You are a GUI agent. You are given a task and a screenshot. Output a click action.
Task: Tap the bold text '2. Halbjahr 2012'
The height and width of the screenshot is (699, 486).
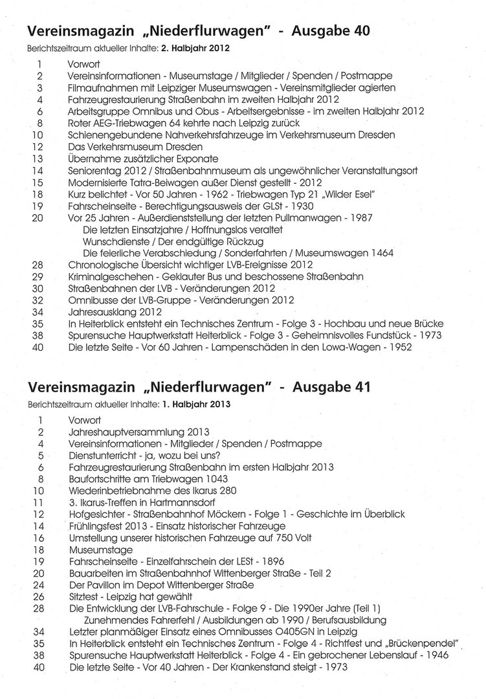197,48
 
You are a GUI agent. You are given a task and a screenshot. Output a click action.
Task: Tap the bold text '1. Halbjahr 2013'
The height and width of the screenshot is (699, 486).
196,405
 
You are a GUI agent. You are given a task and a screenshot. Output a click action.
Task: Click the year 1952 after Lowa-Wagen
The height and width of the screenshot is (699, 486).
391,346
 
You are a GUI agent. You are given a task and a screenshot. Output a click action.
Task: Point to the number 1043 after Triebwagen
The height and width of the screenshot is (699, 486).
214,480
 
